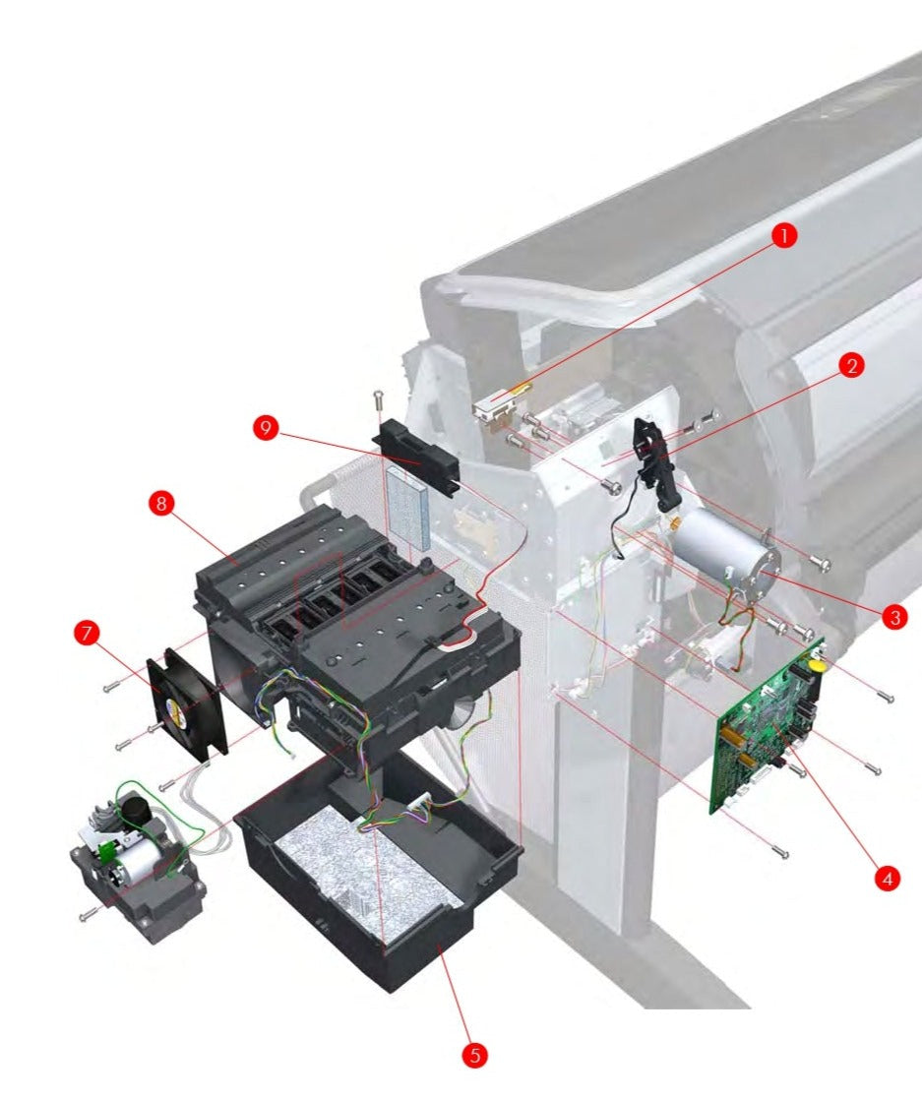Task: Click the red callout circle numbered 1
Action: click(x=783, y=237)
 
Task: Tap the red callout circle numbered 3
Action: click(x=893, y=617)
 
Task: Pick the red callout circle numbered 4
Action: click(x=887, y=878)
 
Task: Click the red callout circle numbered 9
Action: click(x=265, y=427)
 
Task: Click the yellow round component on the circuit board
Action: click(x=815, y=666)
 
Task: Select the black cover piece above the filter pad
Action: click(x=416, y=457)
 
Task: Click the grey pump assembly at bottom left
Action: click(x=138, y=866)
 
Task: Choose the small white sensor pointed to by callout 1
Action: click(x=499, y=407)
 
